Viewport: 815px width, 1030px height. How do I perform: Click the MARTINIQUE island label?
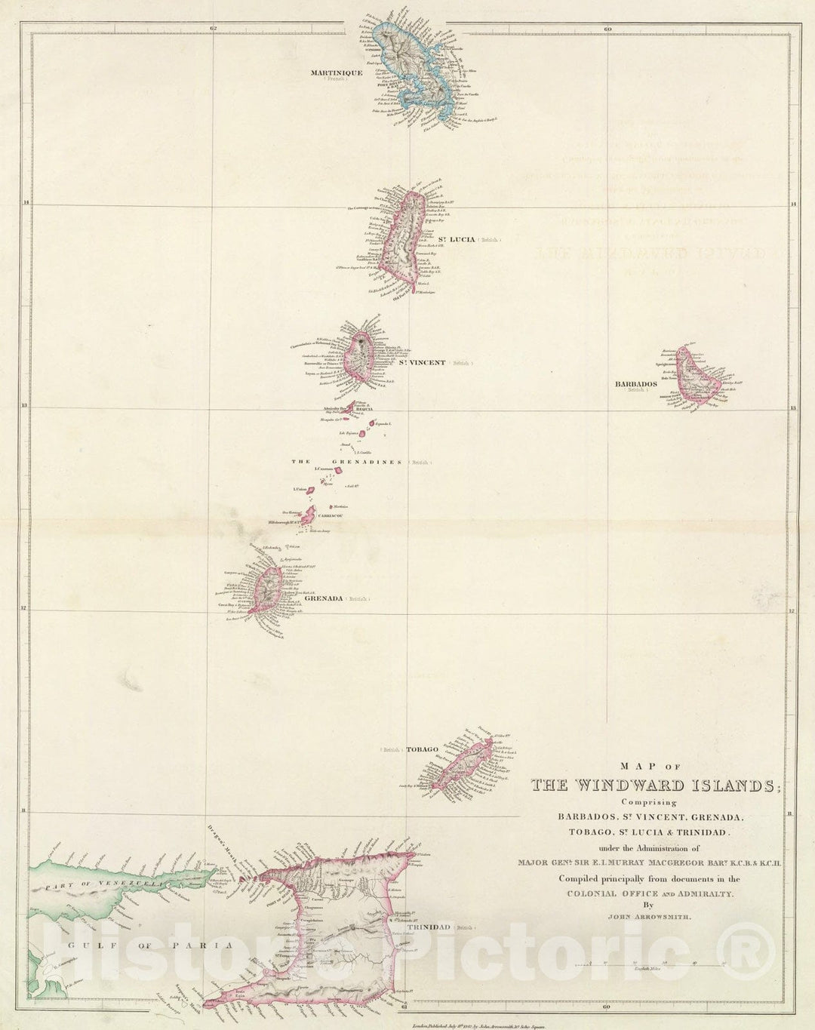point(336,72)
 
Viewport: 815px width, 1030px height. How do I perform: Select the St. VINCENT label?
point(422,363)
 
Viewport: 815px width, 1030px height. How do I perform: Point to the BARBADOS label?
point(635,383)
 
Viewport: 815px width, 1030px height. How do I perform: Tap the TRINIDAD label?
point(433,927)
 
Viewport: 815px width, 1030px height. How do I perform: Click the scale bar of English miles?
point(650,964)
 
